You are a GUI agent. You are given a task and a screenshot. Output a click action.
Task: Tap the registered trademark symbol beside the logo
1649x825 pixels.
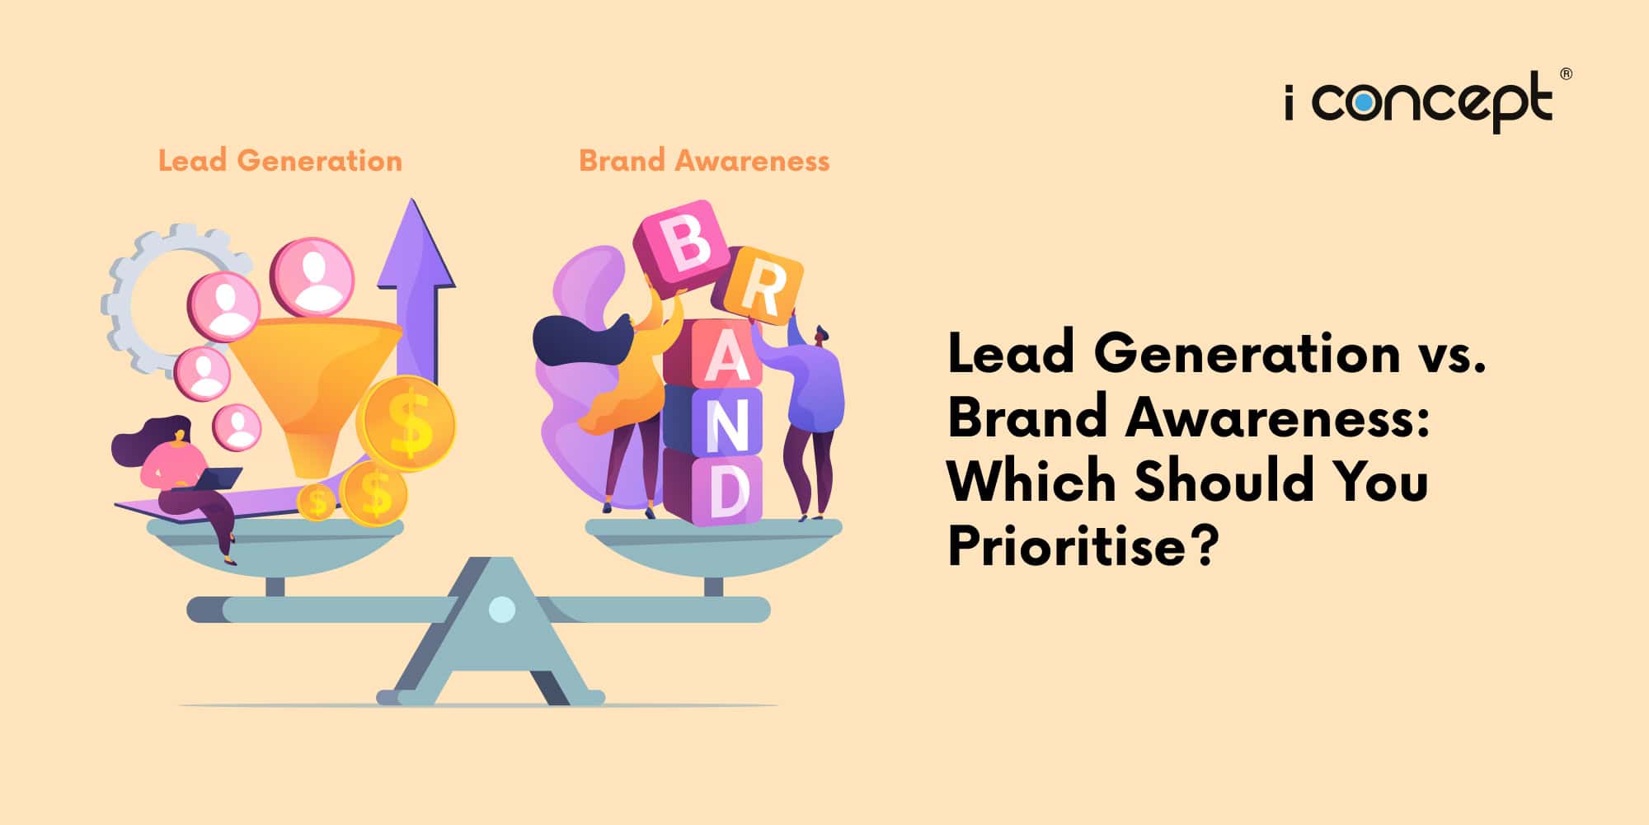[1566, 74]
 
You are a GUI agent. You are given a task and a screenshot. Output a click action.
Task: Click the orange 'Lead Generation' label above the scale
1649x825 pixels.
[280, 160]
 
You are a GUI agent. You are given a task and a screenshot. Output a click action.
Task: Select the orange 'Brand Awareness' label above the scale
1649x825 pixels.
[704, 160]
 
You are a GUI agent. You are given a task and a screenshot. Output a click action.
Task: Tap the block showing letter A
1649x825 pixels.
[713, 353]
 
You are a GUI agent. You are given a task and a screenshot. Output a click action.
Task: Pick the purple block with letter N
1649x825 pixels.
[714, 421]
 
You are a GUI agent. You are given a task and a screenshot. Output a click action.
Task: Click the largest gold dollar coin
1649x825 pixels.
[406, 423]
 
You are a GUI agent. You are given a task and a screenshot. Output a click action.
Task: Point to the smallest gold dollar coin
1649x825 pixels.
[317, 501]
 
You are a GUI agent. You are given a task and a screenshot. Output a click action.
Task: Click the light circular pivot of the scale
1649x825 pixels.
[502, 610]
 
